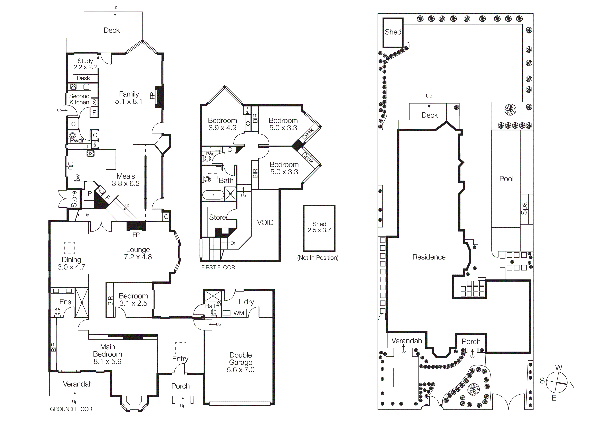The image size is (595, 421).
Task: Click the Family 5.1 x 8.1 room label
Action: tap(129, 98)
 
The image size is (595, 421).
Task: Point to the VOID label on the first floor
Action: tap(265, 223)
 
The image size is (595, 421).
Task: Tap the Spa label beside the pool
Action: tap(524, 208)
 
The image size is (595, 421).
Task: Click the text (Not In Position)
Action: tap(318, 258)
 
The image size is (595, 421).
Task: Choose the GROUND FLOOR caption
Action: tap(71, 409)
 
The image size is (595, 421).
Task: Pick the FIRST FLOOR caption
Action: tap(218, 267)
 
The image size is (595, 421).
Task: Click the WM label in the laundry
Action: tap(239, 313)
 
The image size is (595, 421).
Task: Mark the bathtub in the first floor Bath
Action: tap(213, 195)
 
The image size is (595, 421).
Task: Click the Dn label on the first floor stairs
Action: tap(233, 243)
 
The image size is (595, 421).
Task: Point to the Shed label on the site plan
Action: tap(393, 32)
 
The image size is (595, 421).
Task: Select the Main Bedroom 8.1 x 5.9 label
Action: tap(107, 354)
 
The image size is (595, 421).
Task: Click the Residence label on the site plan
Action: tap(429, 257)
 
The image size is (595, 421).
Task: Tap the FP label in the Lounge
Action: tap(136, 235)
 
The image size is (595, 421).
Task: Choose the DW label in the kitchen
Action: tap(78, 177)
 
